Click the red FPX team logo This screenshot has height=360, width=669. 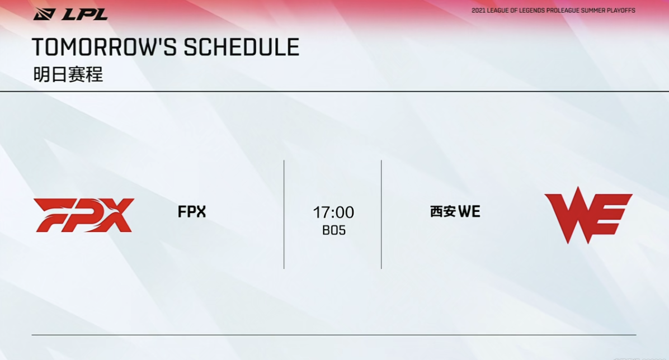84,215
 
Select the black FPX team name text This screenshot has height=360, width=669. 191,211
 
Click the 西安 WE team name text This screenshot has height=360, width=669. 455,211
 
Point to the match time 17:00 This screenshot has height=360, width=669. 333,212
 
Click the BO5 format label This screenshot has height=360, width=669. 333,230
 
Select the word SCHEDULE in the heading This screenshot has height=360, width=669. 242,47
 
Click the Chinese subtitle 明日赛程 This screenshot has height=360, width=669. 68,75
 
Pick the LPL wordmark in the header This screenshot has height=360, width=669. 84,15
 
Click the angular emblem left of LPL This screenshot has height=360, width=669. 44,15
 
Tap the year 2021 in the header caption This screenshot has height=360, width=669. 478,10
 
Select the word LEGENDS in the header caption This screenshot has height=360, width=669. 529,10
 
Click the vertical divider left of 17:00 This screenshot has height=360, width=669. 284,215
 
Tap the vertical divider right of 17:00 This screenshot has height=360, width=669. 381,215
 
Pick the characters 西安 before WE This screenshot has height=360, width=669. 443,211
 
